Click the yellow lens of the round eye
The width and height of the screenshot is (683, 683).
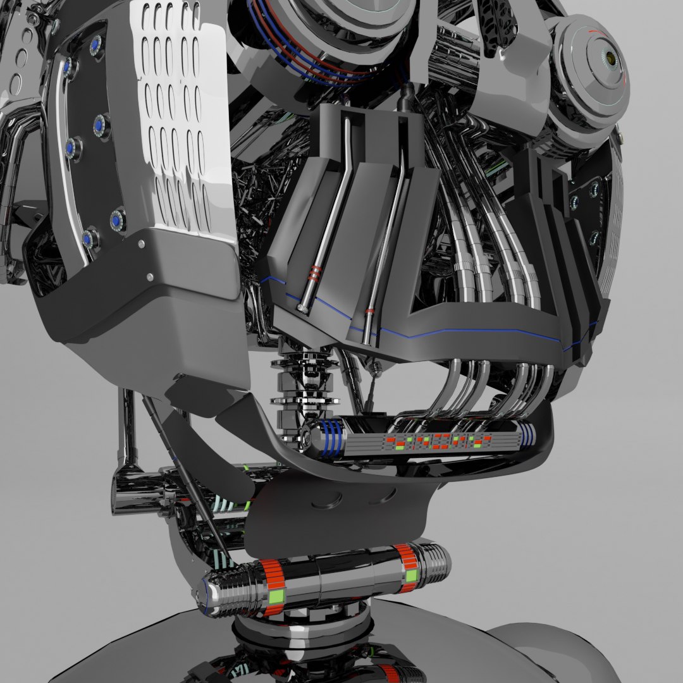(x=610, y=58)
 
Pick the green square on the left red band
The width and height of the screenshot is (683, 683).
(x=275, y=595)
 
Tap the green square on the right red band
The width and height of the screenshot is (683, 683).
(x=412, y=575)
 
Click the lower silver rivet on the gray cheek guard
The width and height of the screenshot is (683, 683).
(x=150, y=276)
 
